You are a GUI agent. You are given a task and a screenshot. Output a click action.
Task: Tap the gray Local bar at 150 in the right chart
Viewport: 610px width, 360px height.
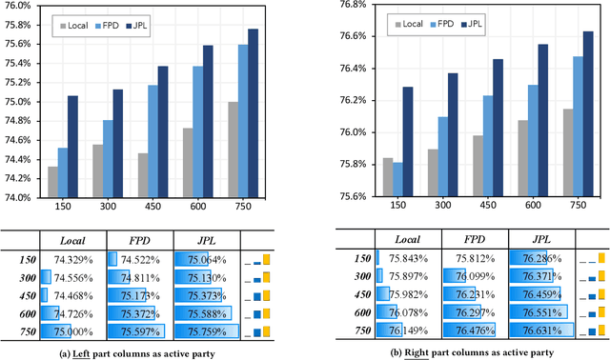click(x=387, y=177)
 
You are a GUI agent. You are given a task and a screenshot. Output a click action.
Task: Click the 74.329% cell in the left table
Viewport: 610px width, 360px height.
click(x=73, y=259)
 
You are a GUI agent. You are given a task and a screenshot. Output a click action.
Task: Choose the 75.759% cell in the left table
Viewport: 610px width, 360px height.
click(x=206, y=331)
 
